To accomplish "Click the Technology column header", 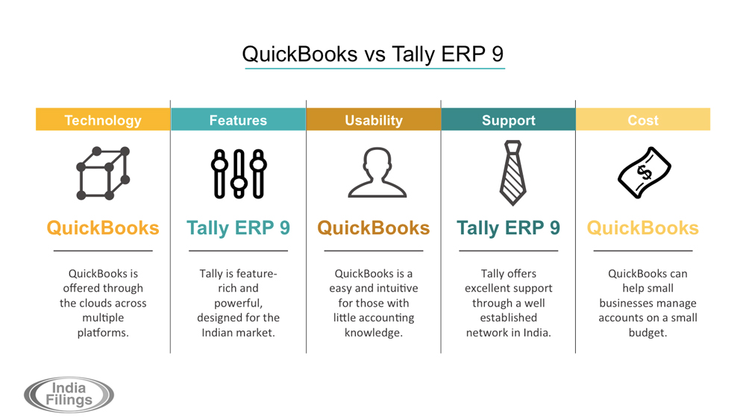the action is (x=103, y=119).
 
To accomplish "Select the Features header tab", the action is (x=238, y=119).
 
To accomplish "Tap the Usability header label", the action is (x=374, y=119).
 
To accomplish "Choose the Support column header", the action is (x=508, y=119).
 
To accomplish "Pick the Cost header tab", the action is (x=643, y=119).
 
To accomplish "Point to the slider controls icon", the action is (x=239, y=174).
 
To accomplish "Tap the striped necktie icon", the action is (x=513, y=173).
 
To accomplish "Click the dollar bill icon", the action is (x=645, y=172).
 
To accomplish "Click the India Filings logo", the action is (x=69, y=395).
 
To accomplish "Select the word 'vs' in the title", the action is (x=374, y=54).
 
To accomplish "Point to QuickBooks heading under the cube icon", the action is (x=103, y=228).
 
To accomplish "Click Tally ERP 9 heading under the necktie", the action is (x=508, y=228).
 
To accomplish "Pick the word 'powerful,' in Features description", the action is (x=238, y=304).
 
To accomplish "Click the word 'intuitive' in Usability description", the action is (x=398, y=288).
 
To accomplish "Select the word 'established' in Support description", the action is (x=508, y=318).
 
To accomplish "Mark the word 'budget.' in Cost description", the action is (x=648, y=333).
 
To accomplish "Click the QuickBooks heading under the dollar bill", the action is (x=643, y=228).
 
